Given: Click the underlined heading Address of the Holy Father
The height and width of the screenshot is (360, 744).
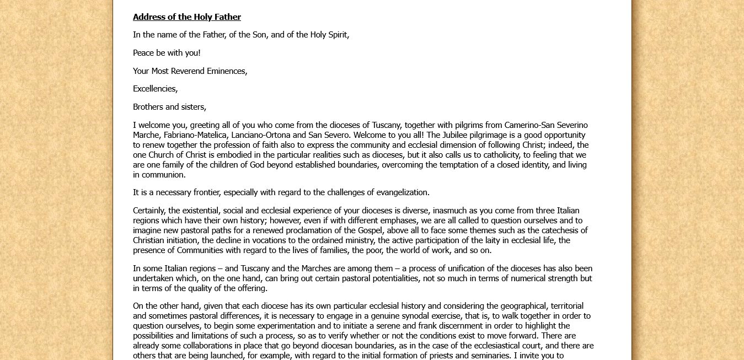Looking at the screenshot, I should click(186, 17).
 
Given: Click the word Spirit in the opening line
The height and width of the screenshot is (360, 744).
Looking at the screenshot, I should click(336, 35).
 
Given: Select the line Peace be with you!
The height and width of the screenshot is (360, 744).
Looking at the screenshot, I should click(167, 53).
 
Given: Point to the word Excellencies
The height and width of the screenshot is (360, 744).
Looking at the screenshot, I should click(155, 89).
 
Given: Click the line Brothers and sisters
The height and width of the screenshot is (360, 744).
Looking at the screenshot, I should click(169, 107).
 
